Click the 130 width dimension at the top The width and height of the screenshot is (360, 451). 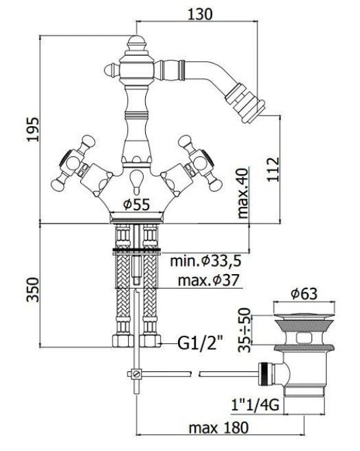pyautogui.click(x=200, y=14)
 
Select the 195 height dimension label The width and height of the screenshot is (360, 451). pyautogui.click(x=32, y=129)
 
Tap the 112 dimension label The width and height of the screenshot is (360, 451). pyautogui.click(x=273, y=170)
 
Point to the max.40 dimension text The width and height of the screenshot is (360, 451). pyautogui.click(x=243, y=193)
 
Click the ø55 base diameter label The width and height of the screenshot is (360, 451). pyautogui.click(x=137, y=204)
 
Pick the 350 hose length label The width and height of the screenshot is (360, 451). pyautogui.click(x=32, y=289)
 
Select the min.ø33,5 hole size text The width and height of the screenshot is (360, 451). pyautogui.click(x=206, y=261)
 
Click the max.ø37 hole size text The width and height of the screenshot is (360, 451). pyautogui.click(x=208, y=280)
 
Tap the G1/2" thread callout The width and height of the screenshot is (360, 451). pyautogui.click(x=200, y=343)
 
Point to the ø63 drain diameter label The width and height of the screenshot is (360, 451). pyautogui.click(x=304, y=294)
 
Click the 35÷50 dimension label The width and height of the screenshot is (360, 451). pyautogui.click(x=245, y=330)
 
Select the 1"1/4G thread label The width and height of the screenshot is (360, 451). pyautogui.click(x=255, y=405)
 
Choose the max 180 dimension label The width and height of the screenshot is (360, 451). pyautogui.click(x=219, y=428)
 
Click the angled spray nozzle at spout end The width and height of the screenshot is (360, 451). pyautogui.click(x=245, y=103)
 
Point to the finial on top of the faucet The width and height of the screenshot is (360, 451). pyautogui.click(x=136, y=43)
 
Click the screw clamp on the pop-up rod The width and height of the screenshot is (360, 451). pyautogui.click(x=135, y=373)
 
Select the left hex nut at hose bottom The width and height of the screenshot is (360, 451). pyautogui.click(x=123, y=341)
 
